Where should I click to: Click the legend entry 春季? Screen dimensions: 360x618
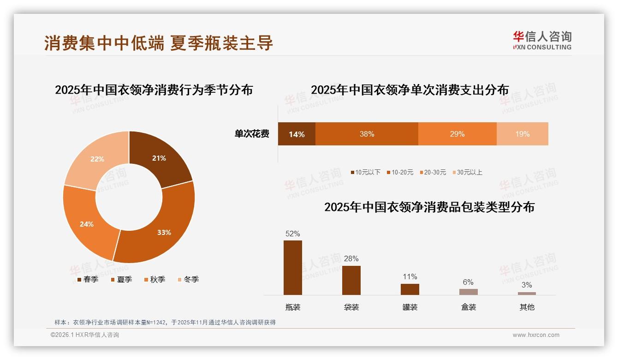tap(87, 279)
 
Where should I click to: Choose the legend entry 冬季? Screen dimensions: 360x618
tap(188, 279)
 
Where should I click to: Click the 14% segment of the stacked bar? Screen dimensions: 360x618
tap(297, 134)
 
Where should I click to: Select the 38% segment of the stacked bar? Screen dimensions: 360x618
tap(367, 134)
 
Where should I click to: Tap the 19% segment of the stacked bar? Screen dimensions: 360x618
tap(522, 134)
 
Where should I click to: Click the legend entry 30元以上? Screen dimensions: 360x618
tap(466, 172)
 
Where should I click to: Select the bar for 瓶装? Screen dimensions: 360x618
tap(293, 268)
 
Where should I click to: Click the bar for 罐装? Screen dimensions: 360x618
tap(410, 289)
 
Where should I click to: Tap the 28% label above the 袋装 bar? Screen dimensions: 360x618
tap(351, 258)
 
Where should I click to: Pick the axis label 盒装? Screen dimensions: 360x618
tap(468, 307)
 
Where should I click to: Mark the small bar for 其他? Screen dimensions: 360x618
tap(527, 293)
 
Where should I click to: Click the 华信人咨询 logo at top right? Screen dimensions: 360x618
tap(542, 40)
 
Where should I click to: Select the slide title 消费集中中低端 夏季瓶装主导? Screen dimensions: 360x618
tap(159, 43)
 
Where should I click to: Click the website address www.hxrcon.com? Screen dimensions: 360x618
tap(536, 335)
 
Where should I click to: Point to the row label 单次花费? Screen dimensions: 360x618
tap(252, 134)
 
